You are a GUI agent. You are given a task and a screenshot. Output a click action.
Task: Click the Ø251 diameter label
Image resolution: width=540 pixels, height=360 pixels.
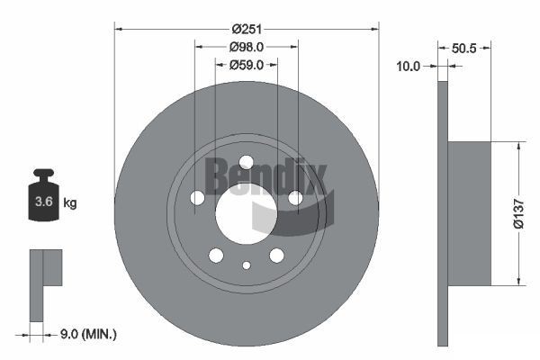coord(247,29)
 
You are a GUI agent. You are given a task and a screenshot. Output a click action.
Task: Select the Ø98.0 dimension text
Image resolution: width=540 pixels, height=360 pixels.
coord(246,47)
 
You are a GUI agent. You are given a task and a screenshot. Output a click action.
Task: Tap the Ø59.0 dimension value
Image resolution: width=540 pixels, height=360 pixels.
coord(246,65)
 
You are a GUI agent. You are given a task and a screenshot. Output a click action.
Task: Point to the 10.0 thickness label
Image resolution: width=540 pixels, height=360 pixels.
coord(409,65)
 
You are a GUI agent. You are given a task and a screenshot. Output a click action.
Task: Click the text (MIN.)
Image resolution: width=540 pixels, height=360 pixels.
coord(99,335)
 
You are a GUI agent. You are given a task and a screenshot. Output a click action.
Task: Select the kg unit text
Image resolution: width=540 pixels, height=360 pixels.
coord(70,202)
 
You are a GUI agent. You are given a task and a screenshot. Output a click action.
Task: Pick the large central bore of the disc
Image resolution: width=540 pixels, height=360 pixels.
coord(245,212)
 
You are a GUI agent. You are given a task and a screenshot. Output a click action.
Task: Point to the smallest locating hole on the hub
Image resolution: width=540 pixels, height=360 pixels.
coord(246,265)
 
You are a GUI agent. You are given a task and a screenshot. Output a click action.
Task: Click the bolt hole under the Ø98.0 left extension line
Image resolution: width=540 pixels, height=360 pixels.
coord(197,197)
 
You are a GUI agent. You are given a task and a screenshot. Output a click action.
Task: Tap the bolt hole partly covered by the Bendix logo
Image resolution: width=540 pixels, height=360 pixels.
coord(295,197)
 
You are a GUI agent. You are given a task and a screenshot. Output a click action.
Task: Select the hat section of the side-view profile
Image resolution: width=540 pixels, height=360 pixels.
coord(469,213)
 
